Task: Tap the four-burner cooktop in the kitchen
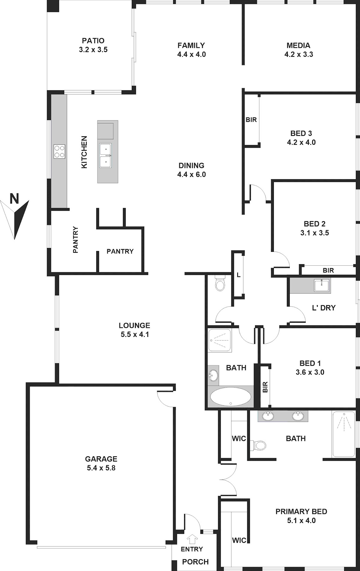click(x=59, y=152)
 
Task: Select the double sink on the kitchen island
click(x=106, y=156)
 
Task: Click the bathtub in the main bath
click(x=231, y=397)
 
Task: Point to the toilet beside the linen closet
click(x=220, y=283)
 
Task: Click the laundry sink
click(x=322, y=285)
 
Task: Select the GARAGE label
click(x=101, y=459)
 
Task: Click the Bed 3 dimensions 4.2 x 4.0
click(x=301, y=142)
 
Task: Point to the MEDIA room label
click(x=298, y=45)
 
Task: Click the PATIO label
click(x=93, y=41)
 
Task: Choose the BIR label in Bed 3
click(x=251, y=120)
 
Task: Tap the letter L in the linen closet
click(x=238, y=275)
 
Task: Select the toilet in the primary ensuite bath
click(x=258, y=446)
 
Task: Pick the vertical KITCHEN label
click(x=84, y=152)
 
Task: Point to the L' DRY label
click(x=324, y=308)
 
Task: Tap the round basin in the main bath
click(x=213, y=375)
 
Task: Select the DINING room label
click(x=191, y=165)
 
